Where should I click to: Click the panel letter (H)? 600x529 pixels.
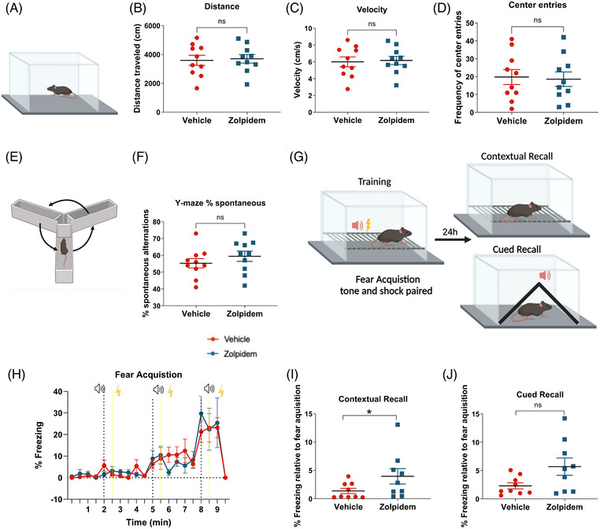coord(17,375)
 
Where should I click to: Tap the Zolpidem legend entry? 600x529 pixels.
coord(231,353)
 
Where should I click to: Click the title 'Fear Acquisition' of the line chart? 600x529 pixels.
coord(149,375)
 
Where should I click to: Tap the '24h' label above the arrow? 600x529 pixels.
coord(450,231)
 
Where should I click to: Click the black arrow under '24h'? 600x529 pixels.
coord(453,240)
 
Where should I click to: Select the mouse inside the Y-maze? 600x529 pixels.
coord(64,248)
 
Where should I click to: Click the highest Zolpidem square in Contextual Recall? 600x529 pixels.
coord(398,424)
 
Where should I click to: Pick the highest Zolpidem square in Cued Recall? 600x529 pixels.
coord(565,419)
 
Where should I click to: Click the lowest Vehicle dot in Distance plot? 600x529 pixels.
coord(197,88)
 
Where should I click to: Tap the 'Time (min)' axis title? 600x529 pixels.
coord(149,522)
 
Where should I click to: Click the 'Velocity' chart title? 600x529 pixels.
coord(372,9)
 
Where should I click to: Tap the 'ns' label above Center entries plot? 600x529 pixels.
coord(537,20)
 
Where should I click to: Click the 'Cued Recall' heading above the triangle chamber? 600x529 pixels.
coord(517,250)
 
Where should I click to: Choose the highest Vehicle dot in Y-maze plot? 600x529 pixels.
coord(196,233)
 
